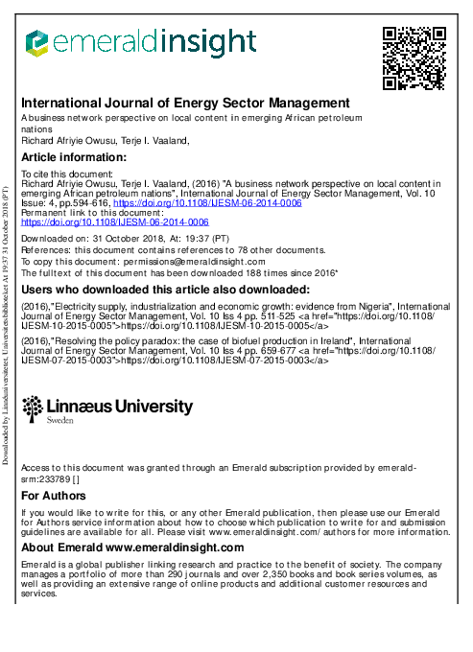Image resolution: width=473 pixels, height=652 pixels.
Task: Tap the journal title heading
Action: click(x=185, y=103)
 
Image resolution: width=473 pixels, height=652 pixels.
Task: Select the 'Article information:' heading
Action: click(x=74, y=157)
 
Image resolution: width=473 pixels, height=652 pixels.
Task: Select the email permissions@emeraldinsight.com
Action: click(x=202, y=261)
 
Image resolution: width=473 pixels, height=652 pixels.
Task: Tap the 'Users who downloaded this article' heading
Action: click(x=165, y=290)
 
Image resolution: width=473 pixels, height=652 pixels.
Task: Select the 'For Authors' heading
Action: click(x=54, y=496)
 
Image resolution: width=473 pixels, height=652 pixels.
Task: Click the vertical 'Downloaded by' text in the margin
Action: click(x=7, y=326)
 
